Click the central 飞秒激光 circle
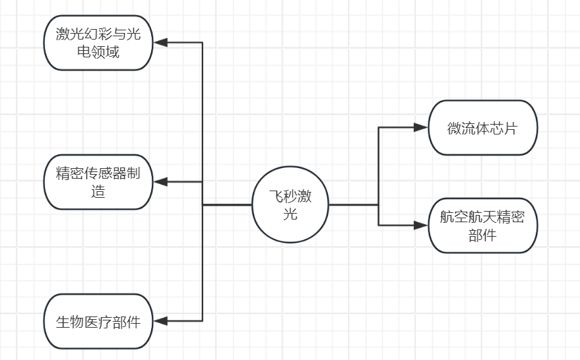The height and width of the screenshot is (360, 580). point(290,204)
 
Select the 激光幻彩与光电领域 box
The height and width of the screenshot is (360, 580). point(98,43)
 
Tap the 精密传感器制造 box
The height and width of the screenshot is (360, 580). point(98,182)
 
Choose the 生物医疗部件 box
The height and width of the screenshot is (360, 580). point(98,321)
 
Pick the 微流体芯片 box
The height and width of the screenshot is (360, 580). point(482,127)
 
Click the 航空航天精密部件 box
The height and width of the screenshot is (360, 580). point(482,225)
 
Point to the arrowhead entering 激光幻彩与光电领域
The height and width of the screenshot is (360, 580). point(159,43)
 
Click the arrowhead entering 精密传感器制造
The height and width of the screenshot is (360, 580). point(159,182)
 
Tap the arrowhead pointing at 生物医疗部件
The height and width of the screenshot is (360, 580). point(159,321)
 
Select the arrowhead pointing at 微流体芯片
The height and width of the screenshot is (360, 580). point(421,127)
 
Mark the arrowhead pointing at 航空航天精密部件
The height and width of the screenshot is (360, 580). point(421,225)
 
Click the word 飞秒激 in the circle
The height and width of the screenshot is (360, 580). point(290,196)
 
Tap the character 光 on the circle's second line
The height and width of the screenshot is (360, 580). point(290,214)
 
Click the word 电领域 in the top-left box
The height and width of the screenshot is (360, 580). point(98,51)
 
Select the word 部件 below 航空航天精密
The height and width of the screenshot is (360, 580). point(482,235)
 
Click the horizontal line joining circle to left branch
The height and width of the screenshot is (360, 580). point(227,205)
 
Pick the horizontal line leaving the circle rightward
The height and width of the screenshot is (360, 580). point(353,205)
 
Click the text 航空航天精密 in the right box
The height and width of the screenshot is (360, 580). point(482,218)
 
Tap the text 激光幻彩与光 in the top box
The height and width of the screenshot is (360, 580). point(98,34)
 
